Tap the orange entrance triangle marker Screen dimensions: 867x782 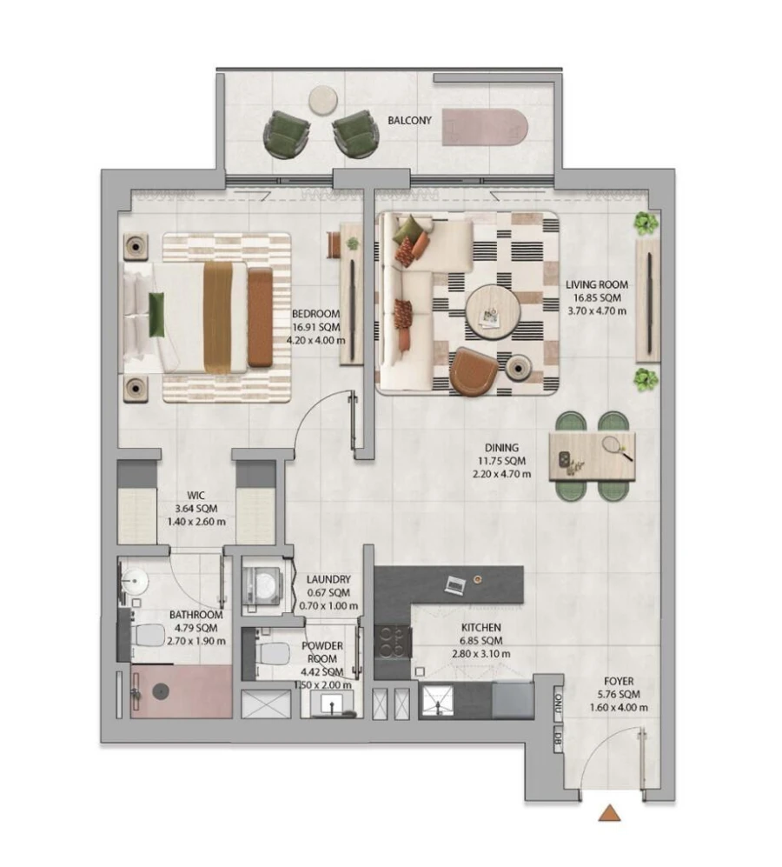click(611, 813)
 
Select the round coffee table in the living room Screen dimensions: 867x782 click(491, 312)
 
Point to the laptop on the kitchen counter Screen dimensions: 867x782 click(454, 584)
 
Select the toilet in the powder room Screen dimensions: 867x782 click(273, 651)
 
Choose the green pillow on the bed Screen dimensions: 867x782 click(157, 314)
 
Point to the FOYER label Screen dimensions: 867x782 click(617, 682)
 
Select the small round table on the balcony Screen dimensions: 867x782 click(324, 99)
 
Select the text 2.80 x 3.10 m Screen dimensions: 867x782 click(480, 654)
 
